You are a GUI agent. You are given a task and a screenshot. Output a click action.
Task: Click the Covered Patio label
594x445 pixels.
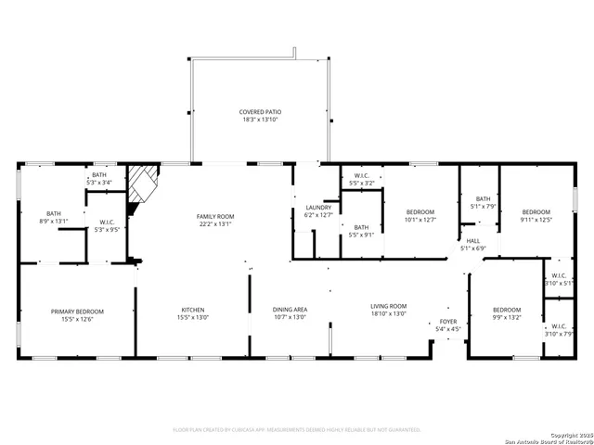tap(260, 116)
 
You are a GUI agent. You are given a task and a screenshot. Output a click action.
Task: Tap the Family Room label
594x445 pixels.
tap(213, 220)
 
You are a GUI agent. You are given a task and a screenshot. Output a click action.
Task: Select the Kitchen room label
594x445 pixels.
tap(193, 313)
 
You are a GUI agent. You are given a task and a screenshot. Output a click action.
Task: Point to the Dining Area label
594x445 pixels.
tap(290, 313)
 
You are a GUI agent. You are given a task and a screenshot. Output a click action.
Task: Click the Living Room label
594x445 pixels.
tap(389, 310)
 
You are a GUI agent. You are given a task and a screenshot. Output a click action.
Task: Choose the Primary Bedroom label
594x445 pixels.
tap(77, 315)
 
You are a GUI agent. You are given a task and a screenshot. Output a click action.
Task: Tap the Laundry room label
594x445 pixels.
tap(318, 210)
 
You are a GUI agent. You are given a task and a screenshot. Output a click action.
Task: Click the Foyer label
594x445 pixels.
tap(448, 324)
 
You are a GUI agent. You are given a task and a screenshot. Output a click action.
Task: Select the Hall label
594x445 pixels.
tap(473, 244)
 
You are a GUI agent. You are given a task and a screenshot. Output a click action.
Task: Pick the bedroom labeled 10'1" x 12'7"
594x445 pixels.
tap(420, 216)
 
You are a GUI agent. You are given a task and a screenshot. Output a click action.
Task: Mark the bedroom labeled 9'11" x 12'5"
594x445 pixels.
tap(535, 215)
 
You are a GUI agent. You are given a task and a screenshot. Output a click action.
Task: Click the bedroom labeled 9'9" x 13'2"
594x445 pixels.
tap(506, 313)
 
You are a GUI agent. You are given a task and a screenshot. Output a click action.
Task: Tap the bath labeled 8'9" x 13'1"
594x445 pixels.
tap(54, 216)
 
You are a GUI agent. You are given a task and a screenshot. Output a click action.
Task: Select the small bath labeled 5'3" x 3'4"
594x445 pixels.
tap(99, 178)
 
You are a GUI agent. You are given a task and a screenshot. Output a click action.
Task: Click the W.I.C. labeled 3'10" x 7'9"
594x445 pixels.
tap(559, 331)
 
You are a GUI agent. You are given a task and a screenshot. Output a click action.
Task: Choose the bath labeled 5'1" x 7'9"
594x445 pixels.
tap(483, 202)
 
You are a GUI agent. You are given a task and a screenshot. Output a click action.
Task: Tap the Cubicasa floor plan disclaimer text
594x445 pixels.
tap(297, 429)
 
